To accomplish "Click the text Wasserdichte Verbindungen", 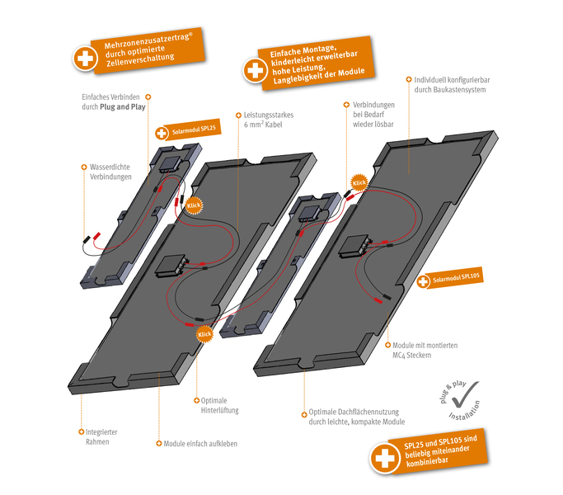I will [109, 172].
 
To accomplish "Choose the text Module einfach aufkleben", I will [200, 443].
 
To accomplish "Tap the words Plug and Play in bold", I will [122, 107].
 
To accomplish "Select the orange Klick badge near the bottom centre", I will [204, 333].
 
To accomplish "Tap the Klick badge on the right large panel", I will [359, 181].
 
